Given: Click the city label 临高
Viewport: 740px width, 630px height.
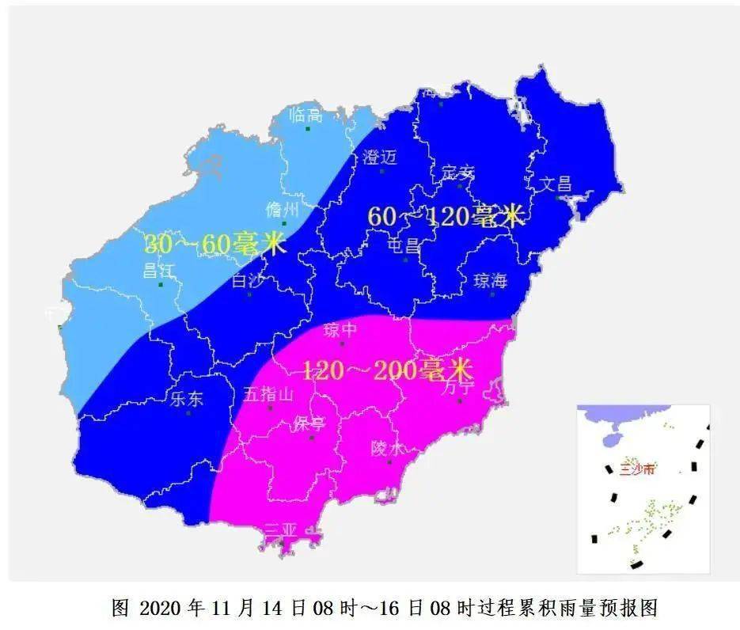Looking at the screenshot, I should (x=305, y=115).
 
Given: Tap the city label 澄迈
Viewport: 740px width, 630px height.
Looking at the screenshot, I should (x=379, y=157).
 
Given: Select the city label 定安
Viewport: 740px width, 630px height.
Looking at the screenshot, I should (x=458, y=173).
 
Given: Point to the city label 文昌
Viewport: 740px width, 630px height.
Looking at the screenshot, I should (x=555, y=184).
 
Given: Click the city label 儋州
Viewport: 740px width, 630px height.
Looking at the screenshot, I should (x=283, y=210).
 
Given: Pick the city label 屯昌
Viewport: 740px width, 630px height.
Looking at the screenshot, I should (x=404, y=246).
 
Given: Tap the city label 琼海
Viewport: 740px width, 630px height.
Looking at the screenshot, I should (x=489, y=282).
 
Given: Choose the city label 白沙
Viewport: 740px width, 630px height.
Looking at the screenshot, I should (x=247, y=281).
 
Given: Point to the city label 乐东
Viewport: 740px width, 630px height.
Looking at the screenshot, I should (x=187, y=399).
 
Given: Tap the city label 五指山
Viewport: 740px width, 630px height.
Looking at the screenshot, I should (x=268, y=394).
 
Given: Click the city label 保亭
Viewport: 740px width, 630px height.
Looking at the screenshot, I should (x=309, y=424).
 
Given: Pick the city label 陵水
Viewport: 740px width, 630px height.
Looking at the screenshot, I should (x=388, y=449).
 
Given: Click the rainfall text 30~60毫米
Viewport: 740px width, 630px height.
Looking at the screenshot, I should (x=214, y=245).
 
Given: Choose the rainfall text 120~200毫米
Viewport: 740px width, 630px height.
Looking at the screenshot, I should (x=387, y=370).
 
